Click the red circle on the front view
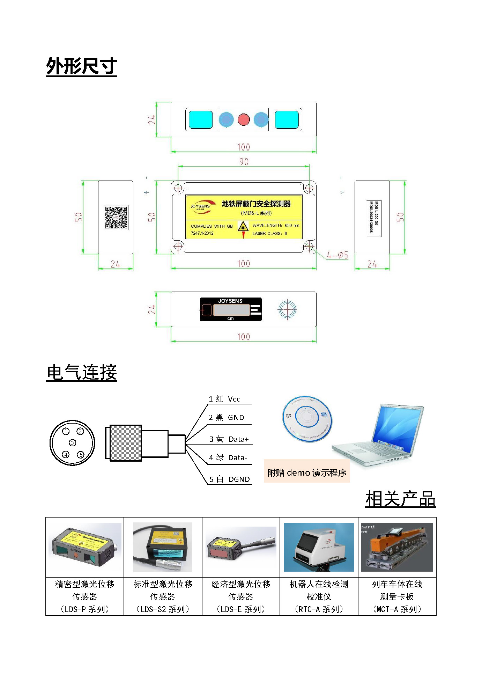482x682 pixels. pos(244,120)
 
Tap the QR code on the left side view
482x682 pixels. pos(116,217)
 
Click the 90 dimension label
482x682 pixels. pos(244,162)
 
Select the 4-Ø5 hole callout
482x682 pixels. pos(338,255)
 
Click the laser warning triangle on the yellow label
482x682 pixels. pos(243,227)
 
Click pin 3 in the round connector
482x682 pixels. pos(73,443)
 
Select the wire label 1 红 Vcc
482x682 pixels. pos(224,399)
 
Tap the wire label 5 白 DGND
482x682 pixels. pos(229,479)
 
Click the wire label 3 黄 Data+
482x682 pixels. pos(229,439)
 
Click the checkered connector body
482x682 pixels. pos(125,443)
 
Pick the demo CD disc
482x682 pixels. pos(307,419)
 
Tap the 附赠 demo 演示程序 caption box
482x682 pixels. pos(306,472)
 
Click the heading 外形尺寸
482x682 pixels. pos(81,66)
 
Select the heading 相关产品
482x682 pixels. pos(400,499)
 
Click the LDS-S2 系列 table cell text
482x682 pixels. pos(163,609)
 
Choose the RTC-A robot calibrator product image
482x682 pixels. pos(319,547)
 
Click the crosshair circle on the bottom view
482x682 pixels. pos(287,309)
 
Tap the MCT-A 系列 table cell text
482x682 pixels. pos(397,609)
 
